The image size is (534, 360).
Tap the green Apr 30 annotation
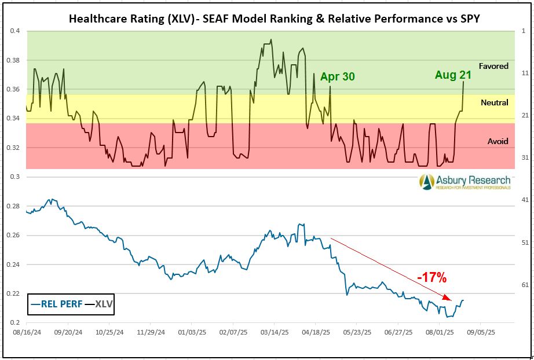click(x=337, y=77)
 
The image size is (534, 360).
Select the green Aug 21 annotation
click(x=453, y=75)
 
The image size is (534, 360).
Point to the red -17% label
click(x=432, y=278)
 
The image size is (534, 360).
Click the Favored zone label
click(x=493, y=66)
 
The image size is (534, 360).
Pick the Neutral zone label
click(x=494, y=102)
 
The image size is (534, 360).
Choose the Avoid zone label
click(x=498, y=141)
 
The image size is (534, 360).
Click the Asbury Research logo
click(x=466, y=182)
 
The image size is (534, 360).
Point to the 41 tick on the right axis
click(x=525, y=200)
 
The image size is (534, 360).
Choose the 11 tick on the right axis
click(x=525, y=73)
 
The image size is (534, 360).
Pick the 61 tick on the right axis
click(x=525, y=284)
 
